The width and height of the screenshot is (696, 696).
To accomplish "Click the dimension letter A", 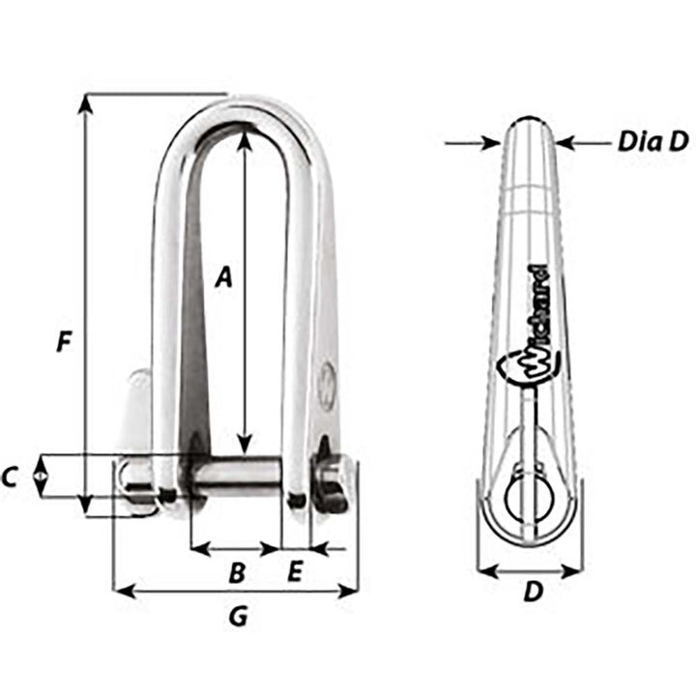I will pyautogui.click(x=223, y=277).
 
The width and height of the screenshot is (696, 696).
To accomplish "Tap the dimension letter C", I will pyautogui.click(x=11, y=476).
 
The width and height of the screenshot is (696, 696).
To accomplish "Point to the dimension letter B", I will pyautogui.click(x=236, y=572).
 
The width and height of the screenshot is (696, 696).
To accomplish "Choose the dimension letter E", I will pyautogui.click(x=295, y=572).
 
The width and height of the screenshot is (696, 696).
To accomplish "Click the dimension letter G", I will pyautogui.click(x=236, y=615).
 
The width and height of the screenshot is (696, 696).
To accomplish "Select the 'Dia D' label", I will pyautogui.click(x=652, y=142).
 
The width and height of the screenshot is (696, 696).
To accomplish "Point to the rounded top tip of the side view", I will pyautogui.click(x=530, y=123).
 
